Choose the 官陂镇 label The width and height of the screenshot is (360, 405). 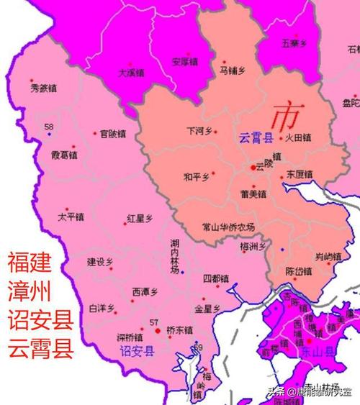click(113, 133)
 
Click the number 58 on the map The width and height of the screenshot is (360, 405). click(48, 127)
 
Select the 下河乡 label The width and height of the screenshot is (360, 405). click(199, 132)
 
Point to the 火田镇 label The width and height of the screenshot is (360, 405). click(297, 137)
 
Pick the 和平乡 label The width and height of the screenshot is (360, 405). click(196, 177)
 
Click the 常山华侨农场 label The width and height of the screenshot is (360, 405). click(228, 227)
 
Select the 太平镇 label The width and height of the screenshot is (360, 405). click(71, 216)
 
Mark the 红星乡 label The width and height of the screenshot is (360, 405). click(139, 217)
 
